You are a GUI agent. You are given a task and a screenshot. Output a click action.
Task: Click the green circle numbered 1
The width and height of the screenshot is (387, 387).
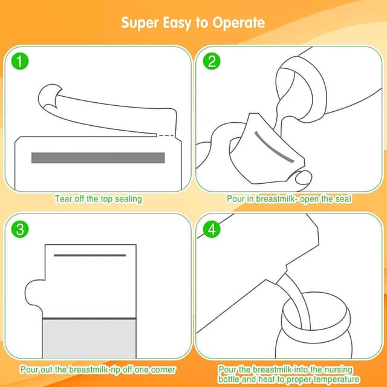pos(21,61)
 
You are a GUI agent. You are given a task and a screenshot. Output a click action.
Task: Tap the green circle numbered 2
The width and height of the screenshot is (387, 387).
pos(211,61)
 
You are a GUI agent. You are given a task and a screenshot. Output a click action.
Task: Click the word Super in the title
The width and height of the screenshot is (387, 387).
pos(140,23)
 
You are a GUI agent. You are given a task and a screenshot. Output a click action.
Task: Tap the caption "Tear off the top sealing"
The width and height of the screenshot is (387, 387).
pos(99,198)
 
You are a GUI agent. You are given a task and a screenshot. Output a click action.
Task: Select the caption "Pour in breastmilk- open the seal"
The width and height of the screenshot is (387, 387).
pos(289,198)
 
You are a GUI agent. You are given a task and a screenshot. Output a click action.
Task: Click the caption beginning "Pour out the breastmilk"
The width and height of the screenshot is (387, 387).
pos(98,369)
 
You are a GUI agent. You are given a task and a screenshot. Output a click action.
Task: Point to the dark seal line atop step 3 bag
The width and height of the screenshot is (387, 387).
pos(89,255)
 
